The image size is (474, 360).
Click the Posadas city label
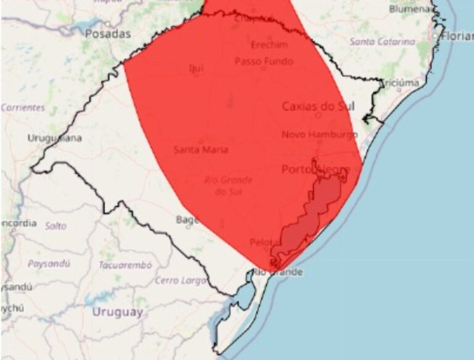pos(108,34)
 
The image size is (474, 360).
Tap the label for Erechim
pos(269,45)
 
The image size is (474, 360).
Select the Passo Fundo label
pos(264,62)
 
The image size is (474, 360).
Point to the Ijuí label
pos(196,68)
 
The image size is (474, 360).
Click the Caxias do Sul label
pos(318,106)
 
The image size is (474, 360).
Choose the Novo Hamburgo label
pos(319,134)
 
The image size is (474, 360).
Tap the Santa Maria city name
pos(201,149)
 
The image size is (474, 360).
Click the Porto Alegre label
pos(315,169)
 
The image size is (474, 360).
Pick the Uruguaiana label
pos(54,138)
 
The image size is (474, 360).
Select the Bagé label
pos(187,219)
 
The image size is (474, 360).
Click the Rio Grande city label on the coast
pos(278,272)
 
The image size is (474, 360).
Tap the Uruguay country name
pos(118,312)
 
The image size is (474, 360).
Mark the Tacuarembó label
pos(125,265)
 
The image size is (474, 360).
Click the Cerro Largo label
pos(180,280)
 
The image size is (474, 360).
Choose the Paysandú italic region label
pos(49,263)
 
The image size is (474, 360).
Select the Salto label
pos(56,226)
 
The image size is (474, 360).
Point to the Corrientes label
pos(23,107)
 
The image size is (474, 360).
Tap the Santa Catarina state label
pos(382,42)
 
